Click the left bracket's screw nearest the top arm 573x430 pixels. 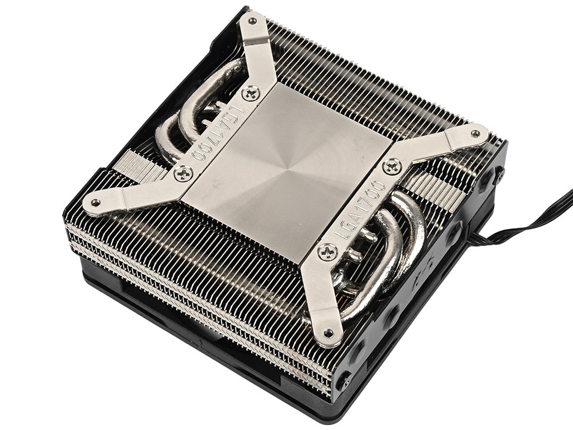point(251,93)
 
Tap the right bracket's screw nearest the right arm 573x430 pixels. point(393,167)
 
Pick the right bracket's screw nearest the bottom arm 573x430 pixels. point(327,251)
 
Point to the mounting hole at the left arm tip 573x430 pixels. point(95,202)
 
